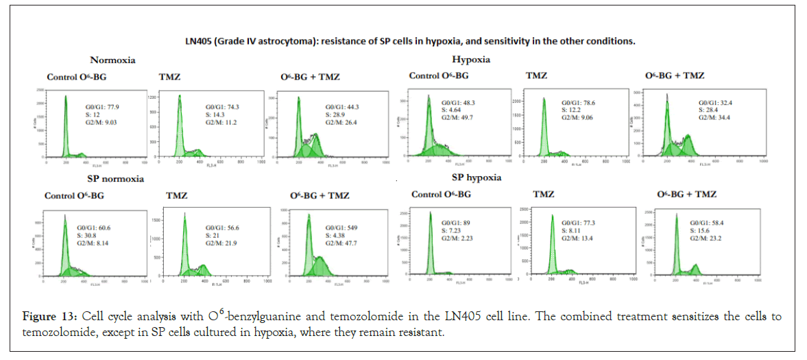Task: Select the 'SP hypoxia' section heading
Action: [477, 178]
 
